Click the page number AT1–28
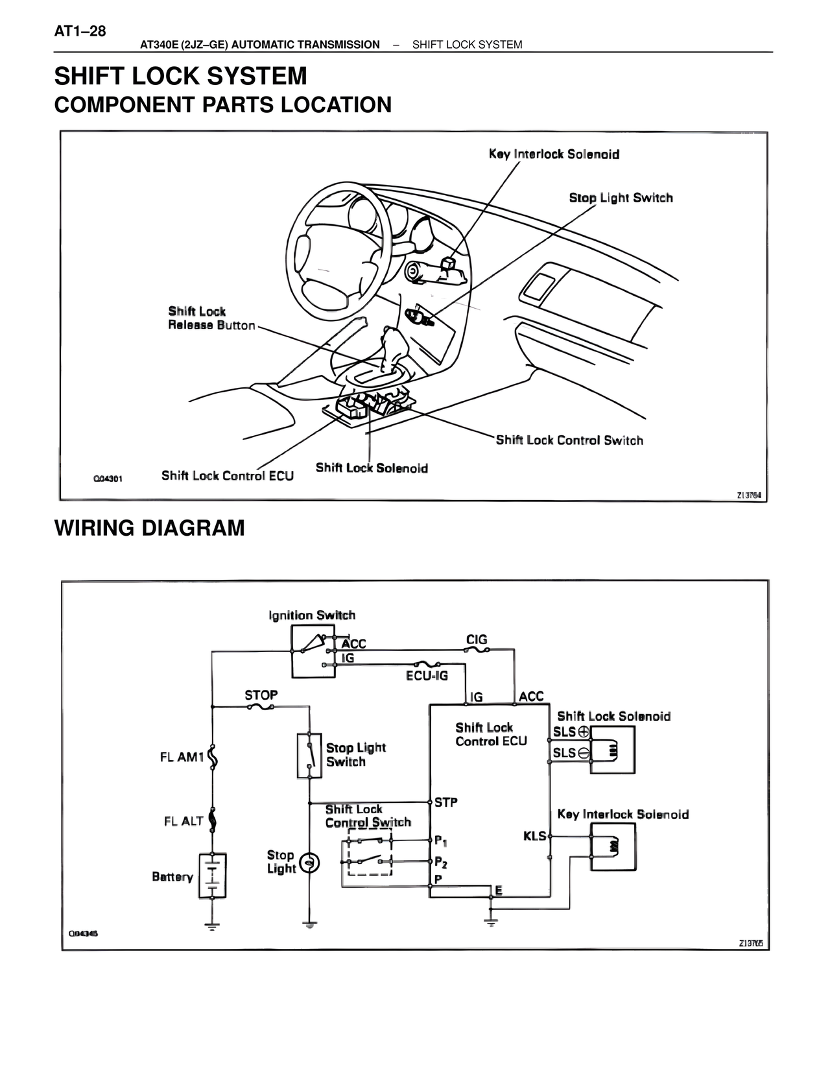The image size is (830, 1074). point(80,31)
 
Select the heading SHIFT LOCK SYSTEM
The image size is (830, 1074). point(180,77)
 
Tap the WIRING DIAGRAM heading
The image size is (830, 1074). point(149,528)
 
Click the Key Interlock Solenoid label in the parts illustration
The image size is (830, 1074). point(554,154)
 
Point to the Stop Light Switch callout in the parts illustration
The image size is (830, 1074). point(621,198)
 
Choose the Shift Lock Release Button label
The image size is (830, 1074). point(211,318)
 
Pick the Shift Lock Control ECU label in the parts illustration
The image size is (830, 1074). point(227,476)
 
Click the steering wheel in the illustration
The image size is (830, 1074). point(337,246)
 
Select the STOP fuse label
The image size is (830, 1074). point(261,695)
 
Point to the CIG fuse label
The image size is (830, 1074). point(477,640)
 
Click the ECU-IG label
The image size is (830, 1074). point(427,675)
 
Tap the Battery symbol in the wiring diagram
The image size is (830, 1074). point(212,875)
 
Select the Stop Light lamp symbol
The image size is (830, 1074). point(310,862)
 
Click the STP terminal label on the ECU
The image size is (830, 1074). point(446,802)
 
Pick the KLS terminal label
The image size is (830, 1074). point(535,836)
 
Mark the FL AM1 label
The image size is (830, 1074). point(182,757)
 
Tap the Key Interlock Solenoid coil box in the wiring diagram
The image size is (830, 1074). point(613,846)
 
